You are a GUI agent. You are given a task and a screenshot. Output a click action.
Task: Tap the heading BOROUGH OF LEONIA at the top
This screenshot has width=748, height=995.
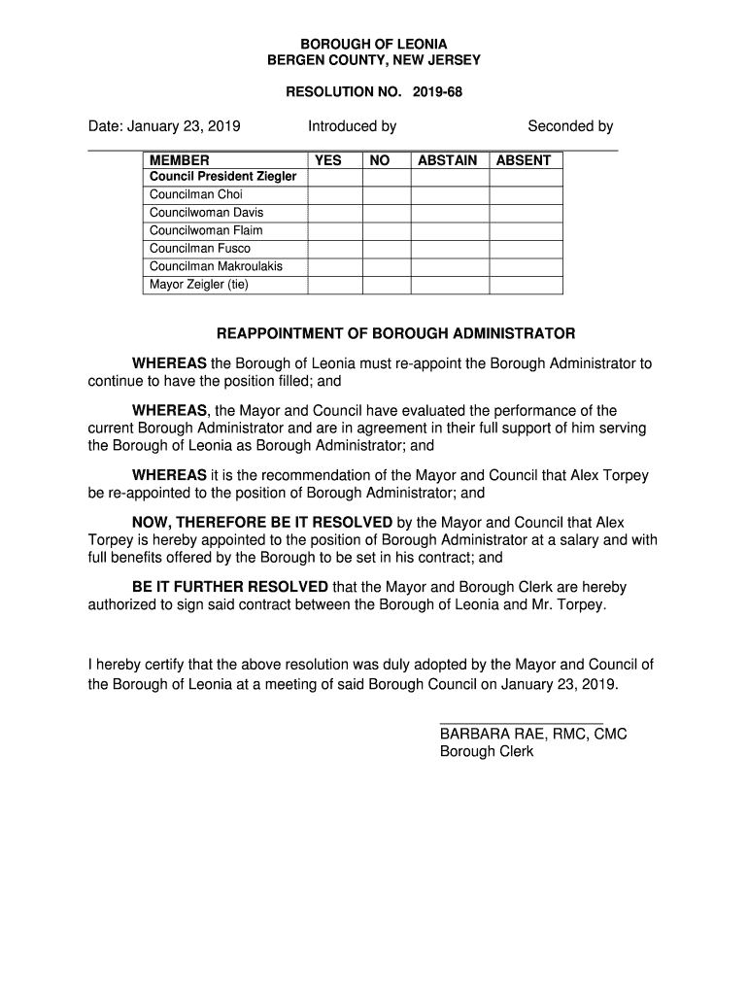[x=374, y=45]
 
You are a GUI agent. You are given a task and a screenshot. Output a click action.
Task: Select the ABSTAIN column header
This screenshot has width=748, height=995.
[x=448, y=160]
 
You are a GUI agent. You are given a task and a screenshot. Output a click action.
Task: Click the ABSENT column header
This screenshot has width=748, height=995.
[x=524, y=160]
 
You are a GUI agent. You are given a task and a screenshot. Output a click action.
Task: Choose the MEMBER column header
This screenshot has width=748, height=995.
[x=180, y=160]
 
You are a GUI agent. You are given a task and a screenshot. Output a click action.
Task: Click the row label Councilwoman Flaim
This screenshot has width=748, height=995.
[x=206, y=230]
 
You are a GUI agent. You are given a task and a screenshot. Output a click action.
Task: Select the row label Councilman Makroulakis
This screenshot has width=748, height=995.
[x=217, y=266]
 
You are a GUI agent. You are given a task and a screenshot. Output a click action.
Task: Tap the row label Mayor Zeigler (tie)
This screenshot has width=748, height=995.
[x=199, y=285]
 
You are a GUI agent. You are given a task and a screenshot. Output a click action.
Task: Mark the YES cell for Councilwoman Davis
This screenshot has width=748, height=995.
[x=335, y=213]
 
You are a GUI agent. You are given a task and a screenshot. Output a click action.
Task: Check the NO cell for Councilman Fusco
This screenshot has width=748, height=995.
[x=386, y=249]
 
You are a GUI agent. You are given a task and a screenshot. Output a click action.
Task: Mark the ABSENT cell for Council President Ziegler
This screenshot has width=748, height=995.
[x=525, y=178]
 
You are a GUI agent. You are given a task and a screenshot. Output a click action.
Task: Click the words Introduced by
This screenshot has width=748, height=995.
[x=352, y=126]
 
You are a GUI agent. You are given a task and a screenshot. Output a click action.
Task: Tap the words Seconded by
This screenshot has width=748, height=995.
[x=570, y=126]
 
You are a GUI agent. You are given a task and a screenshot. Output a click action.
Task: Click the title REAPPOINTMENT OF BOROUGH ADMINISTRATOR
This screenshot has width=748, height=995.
[x=395, y=334]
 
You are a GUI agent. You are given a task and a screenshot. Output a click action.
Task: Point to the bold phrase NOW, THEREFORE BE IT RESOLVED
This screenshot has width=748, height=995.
[x=262, y=522]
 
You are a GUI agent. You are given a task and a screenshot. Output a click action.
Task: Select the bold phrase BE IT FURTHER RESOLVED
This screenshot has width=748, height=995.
[x=230, y=588]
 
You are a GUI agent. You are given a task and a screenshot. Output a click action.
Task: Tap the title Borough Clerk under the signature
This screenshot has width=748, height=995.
[x=487, y=752]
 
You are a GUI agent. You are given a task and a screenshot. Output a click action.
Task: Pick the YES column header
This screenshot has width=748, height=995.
[x=329, y=160]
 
